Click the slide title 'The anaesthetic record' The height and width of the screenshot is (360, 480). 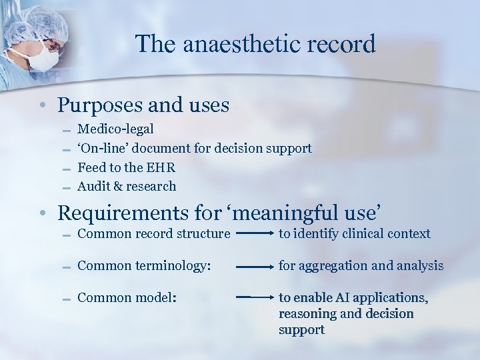pos(255,44)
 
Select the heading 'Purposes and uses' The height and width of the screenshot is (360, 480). pos(143,105)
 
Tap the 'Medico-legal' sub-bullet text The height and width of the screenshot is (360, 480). pos(115,128)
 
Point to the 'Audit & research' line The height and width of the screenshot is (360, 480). pos(127,186)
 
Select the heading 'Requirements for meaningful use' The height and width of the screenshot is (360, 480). pos(220,213)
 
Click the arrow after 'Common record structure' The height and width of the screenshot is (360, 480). pos(252,234)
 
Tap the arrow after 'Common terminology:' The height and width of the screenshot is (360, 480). pos(252,266)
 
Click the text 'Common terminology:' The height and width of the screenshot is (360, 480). pos(144,265)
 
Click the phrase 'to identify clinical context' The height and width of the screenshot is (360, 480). pos(354,233)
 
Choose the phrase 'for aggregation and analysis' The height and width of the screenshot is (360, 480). pos(361,265)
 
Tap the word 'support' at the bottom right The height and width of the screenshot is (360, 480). pos(301,329)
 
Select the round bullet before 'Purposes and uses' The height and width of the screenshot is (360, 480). pos(41,106)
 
